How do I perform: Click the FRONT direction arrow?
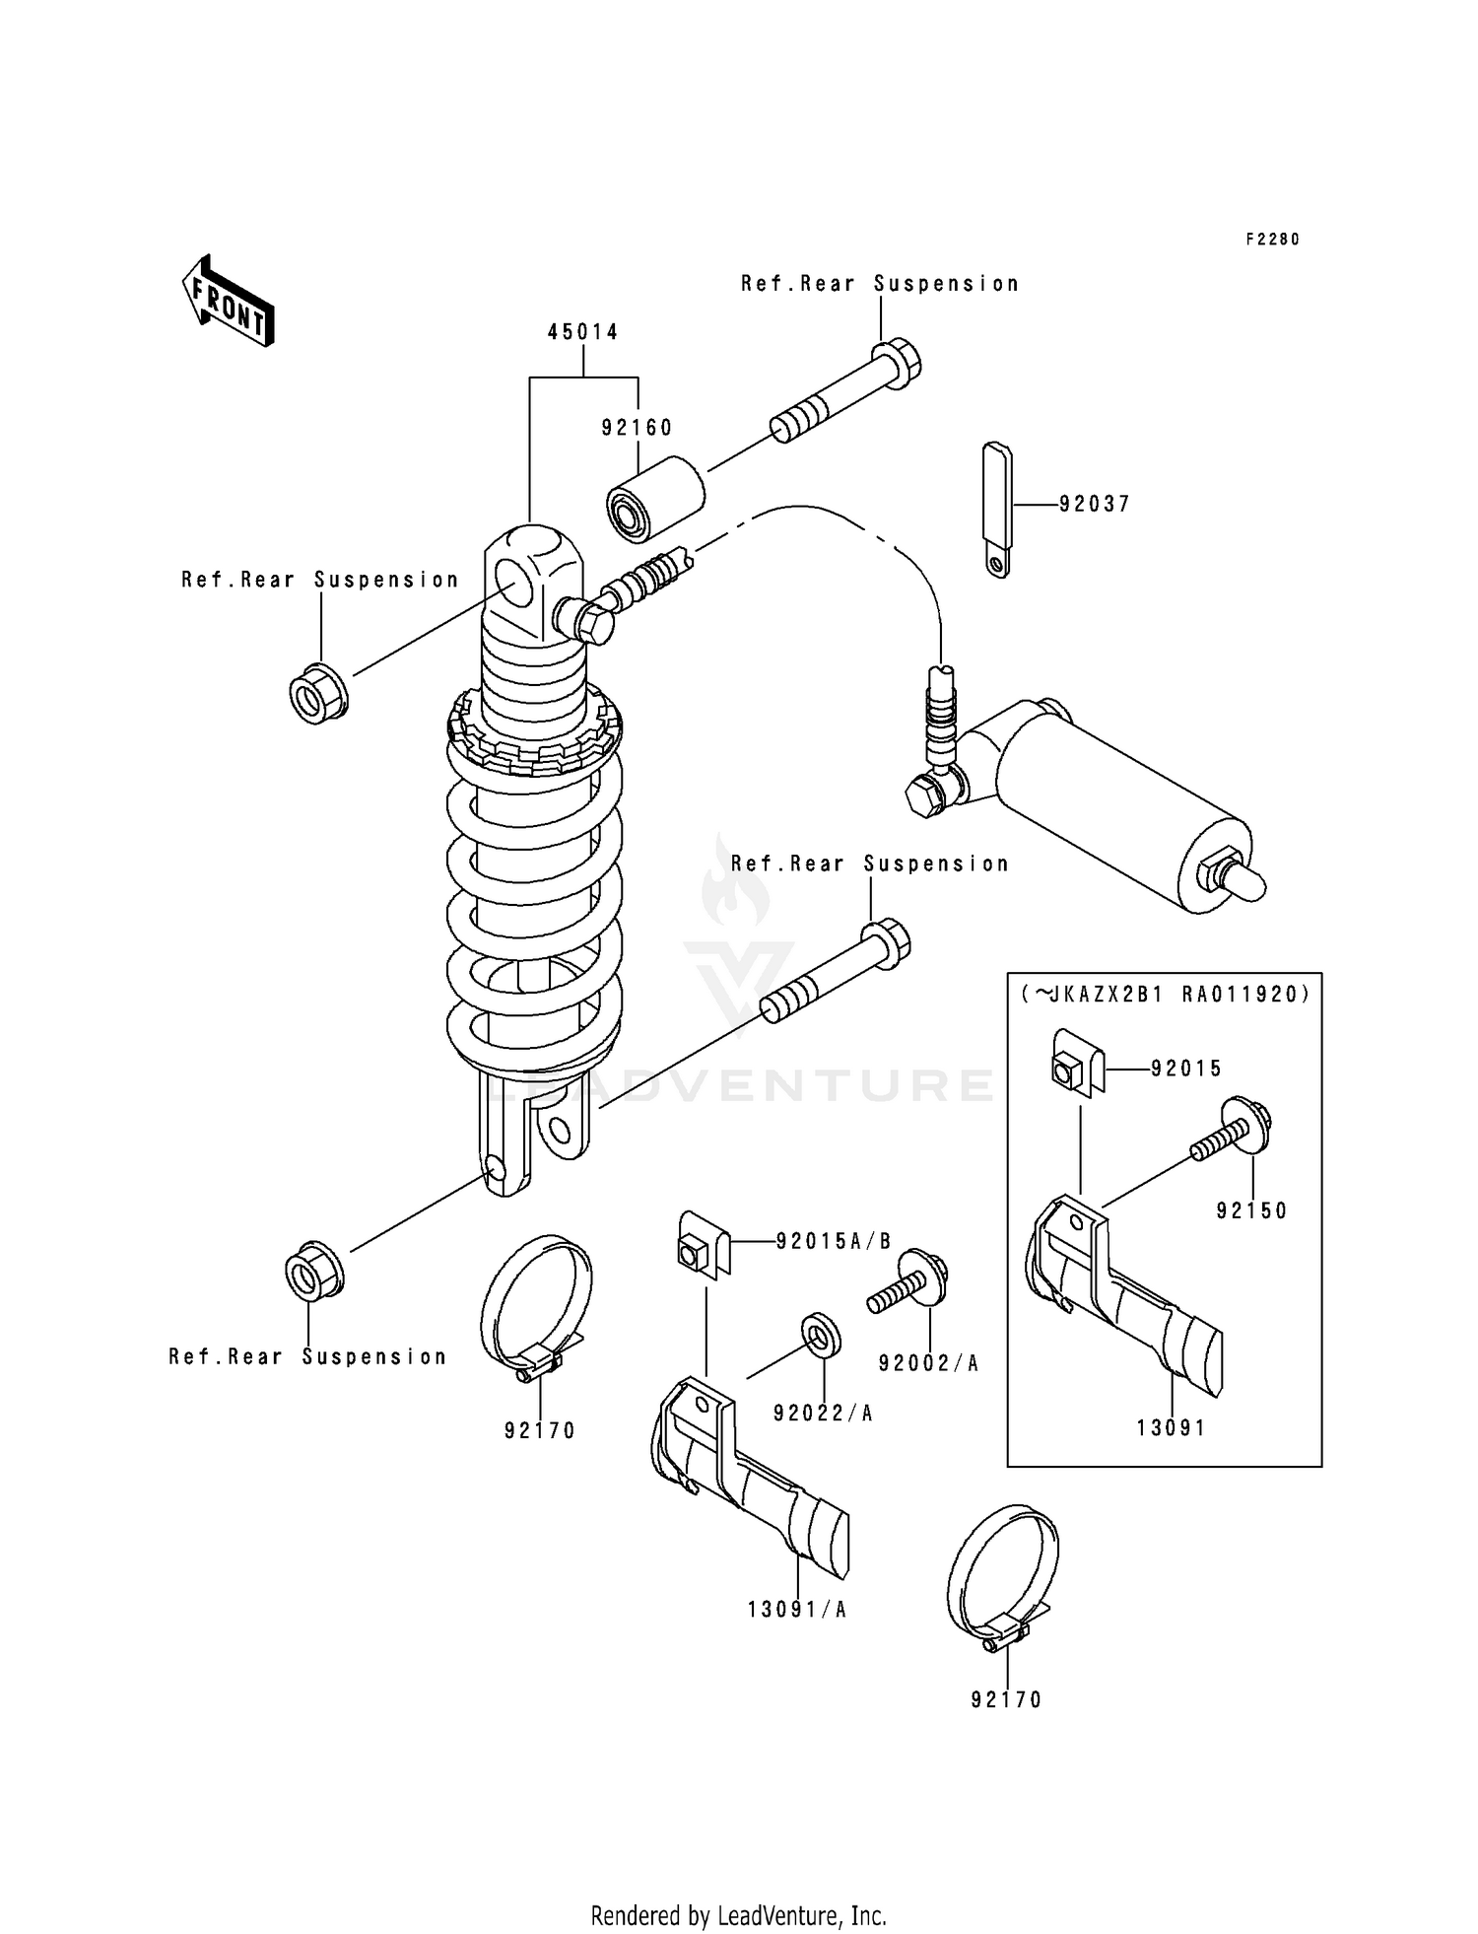point(228,301)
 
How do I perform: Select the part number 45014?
point(583,333)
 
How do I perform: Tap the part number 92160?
point(637,428)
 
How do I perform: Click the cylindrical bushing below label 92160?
point(655,499)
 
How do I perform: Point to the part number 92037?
point(1095,505)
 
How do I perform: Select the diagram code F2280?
point(1272,240)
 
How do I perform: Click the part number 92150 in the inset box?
point(1251,1211)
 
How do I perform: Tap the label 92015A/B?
point(834,1242)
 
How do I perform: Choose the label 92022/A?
point(824,1414)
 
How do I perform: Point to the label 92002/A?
point(929,1363)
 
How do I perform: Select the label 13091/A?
point(797,1610)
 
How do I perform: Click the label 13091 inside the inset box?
point(1171,1428)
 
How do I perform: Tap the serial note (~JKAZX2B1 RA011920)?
point(1164,995)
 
